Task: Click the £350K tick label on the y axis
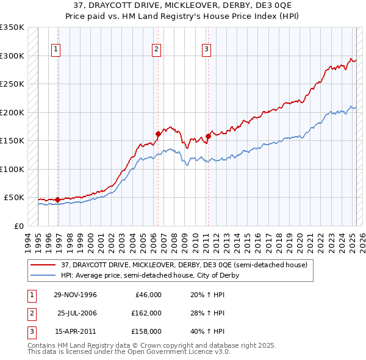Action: [x=12, y=27]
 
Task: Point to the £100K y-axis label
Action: [x=12, y=169]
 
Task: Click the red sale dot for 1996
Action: [x=57, y=200]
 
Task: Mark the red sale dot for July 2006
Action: [x=157, y=134]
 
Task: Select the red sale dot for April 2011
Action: [x=207, y=136]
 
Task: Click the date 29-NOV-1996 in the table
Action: [x=75, y=295]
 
